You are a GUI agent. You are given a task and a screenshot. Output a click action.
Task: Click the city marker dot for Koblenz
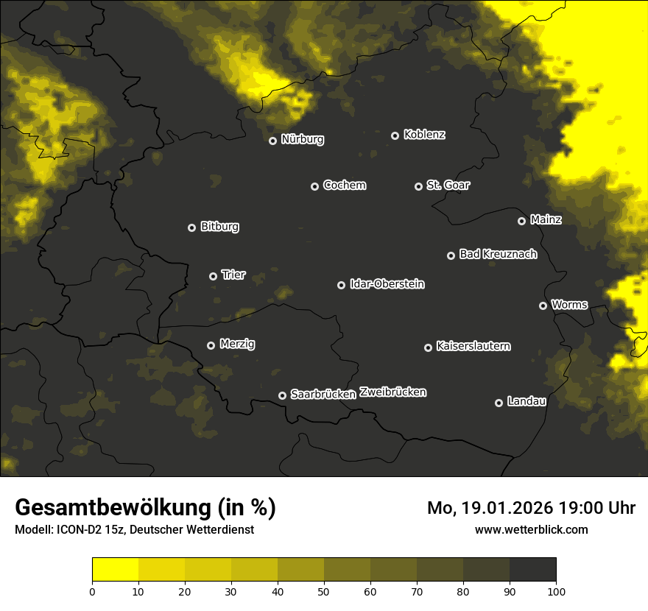[395, 135]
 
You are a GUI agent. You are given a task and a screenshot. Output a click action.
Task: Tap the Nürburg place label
[302, 139]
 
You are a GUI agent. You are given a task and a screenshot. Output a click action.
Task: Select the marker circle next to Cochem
[314, 186]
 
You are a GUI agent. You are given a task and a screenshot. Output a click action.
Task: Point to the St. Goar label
[448, 185]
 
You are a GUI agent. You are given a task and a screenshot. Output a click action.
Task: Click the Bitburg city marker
[191, 227]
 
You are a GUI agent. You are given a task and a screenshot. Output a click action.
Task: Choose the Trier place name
[233, 275]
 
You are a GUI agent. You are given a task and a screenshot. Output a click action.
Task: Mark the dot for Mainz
[521, 221]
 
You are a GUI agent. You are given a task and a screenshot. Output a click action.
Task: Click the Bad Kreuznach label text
[498, 254]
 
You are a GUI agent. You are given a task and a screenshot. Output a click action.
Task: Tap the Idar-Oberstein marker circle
[341, 285]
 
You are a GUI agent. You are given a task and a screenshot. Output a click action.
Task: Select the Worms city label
[569, 304]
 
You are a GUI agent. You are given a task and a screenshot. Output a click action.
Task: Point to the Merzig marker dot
[211, 345]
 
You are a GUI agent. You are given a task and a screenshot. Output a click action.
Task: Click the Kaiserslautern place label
[473, 346]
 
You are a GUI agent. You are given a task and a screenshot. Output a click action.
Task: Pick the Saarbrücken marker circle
[282, 395]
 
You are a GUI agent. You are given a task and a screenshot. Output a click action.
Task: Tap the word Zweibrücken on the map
[392, 392]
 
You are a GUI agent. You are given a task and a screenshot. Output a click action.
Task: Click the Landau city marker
[499, 403]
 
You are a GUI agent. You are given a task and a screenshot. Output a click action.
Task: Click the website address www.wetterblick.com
[531, 529]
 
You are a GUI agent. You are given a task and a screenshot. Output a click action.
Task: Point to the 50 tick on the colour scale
[324, 590]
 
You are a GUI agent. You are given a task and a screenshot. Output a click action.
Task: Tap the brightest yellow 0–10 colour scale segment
[115, 570]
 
